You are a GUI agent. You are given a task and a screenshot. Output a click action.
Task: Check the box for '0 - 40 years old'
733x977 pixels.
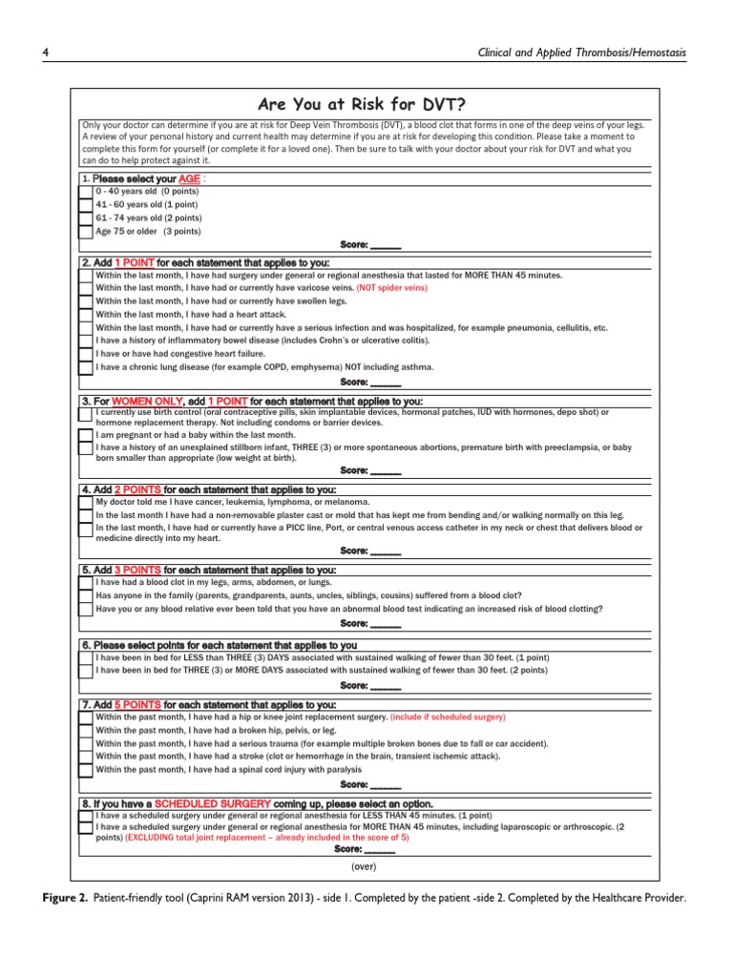[86, 192]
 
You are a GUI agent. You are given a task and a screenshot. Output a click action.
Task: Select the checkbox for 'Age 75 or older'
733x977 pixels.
[86, 232]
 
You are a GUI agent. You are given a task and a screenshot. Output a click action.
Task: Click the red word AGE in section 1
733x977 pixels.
[190, 178]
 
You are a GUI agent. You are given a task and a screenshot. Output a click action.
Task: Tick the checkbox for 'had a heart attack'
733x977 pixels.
[86, 314]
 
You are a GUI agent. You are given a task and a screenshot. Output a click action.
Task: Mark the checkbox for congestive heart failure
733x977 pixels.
[86, 354]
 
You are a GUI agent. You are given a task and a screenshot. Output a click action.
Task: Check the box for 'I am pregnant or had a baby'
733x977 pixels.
[86, 435]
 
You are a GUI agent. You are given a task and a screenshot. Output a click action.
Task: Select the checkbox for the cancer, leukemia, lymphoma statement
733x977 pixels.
[86, 502]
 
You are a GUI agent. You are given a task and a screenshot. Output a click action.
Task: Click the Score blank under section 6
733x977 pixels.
[385, 685]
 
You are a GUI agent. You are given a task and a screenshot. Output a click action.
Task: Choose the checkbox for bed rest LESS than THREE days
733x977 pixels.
[86, 658]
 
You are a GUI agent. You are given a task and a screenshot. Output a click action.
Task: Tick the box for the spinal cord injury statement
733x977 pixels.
[86, 769]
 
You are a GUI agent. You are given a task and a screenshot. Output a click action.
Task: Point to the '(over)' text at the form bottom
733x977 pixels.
[364, 866]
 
